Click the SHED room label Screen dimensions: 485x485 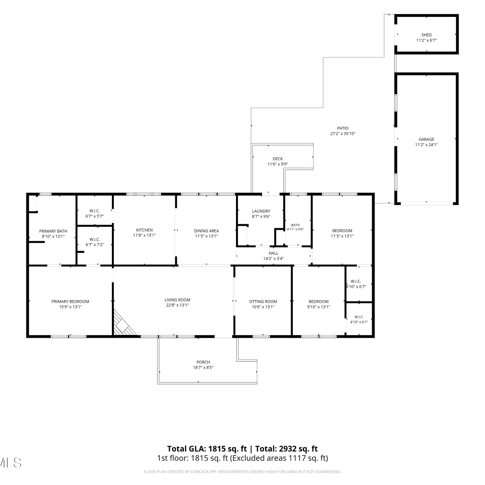(426, 35)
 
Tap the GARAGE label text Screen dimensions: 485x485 (426, 139)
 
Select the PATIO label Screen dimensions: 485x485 (343, 128)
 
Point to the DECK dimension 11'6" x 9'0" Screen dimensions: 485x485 (278, 164)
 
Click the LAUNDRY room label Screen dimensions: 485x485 (261, 211)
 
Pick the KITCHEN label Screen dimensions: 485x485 (145, 230)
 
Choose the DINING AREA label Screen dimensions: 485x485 (206, 231)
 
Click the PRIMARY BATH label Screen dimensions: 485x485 (53, 231)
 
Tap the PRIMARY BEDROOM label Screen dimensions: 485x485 (70, 302)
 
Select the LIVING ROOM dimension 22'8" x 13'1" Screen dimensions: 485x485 (178, 305)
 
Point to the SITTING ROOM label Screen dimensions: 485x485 (263, 302)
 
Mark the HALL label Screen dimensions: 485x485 (273, 253)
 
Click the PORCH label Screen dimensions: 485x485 (203, 362)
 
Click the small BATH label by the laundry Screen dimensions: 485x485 (295, 225)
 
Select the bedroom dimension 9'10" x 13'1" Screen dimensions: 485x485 (318, 307)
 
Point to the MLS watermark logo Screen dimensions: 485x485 (11, 463)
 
